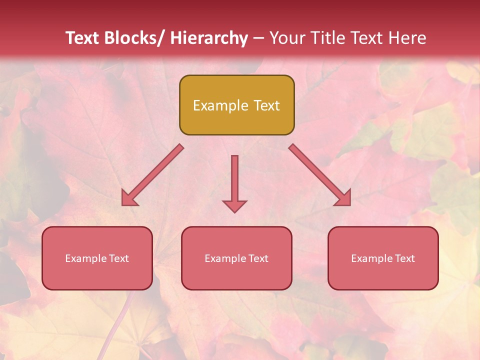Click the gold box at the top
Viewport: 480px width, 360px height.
click(236, 105)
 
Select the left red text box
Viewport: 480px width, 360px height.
click(97, 258)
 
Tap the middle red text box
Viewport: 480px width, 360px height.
click(236, 258)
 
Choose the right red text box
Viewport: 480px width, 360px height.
click(383, 258)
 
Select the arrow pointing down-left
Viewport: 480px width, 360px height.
click(152, 175)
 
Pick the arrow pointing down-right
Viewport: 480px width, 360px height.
click(320, 175)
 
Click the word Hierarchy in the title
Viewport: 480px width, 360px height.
click(208, 38)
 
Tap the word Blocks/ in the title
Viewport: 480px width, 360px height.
click(133, 38)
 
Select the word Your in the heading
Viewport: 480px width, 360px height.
click(286, 38)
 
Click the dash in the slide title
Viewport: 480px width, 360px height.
click(258, 38)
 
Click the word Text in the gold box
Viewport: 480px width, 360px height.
click(266, 105)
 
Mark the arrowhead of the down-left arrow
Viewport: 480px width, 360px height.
click(128, 198)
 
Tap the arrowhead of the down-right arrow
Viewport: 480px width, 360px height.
click(344, 198)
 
